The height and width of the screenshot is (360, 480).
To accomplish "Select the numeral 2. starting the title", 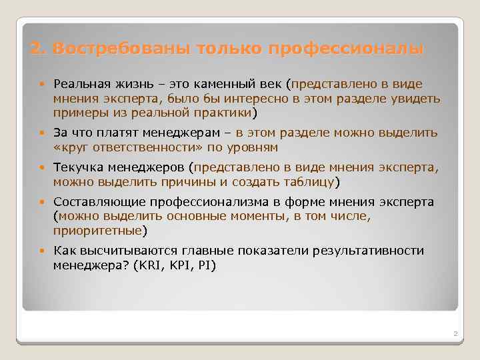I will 38,49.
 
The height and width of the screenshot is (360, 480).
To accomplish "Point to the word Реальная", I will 79,85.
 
